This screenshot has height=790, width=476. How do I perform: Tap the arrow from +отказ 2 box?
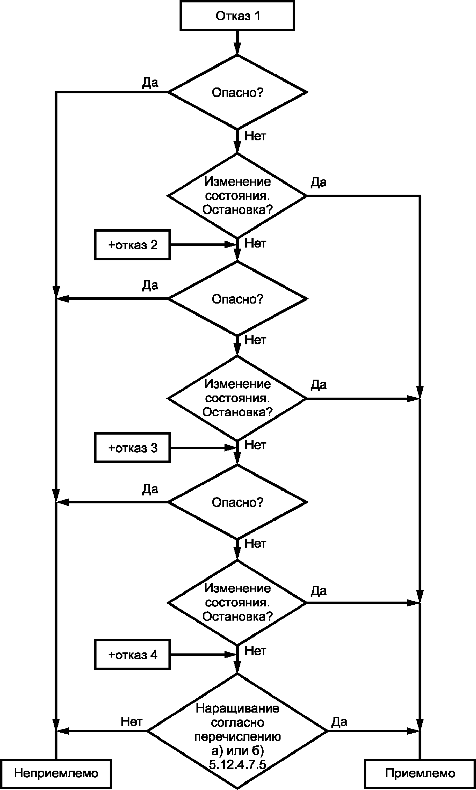(x=203, y=245)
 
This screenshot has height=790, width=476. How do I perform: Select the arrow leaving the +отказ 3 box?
(x=203, y=448)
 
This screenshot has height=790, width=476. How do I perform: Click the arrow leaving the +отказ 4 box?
(x=203, y=655)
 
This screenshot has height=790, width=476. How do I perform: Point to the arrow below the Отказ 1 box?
(x=237, y=43)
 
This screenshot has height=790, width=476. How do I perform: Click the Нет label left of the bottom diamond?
(x=131, y=721)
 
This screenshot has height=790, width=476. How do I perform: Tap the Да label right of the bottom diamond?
(x=339, y=721)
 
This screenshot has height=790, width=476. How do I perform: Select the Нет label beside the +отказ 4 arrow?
(x=255, y=651)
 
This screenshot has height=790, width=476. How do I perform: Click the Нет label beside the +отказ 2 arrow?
(x=255, y=243)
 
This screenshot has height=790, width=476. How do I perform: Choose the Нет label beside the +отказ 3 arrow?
(x=255, y=445)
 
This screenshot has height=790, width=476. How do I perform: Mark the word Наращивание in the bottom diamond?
(x=237, y=708)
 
